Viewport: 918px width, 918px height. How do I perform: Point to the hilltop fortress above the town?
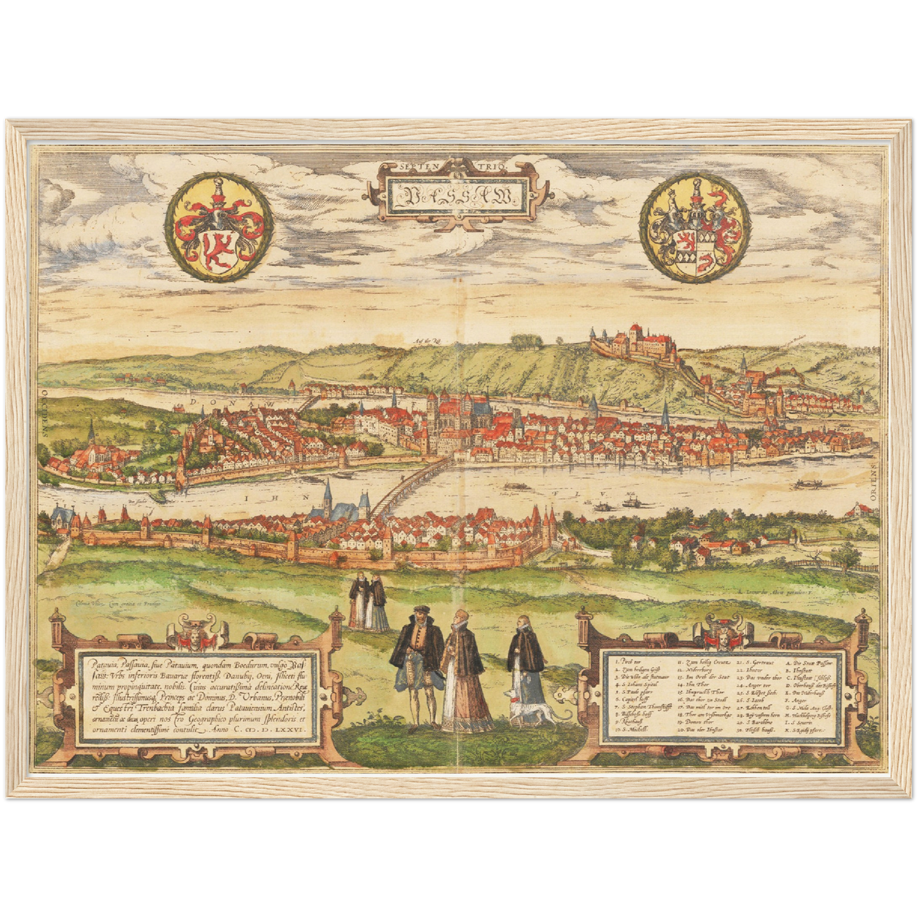click(635, 343)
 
